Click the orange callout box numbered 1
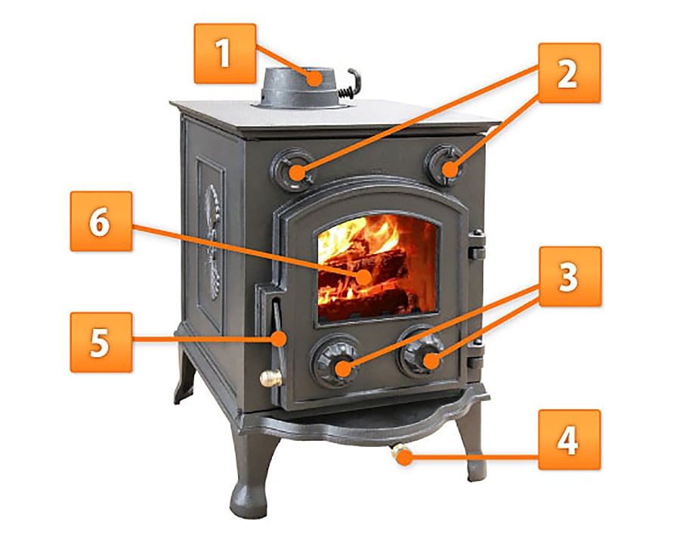224,54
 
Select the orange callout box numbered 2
569,73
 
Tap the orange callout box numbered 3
570,277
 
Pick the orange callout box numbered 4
569,439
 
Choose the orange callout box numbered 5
101,342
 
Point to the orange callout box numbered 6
101,222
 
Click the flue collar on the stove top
299,88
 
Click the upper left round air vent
292,169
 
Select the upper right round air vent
444,166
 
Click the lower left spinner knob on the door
335,362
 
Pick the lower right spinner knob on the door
422,353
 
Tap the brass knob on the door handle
270,378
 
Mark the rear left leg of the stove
186,375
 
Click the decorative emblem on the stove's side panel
212,242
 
